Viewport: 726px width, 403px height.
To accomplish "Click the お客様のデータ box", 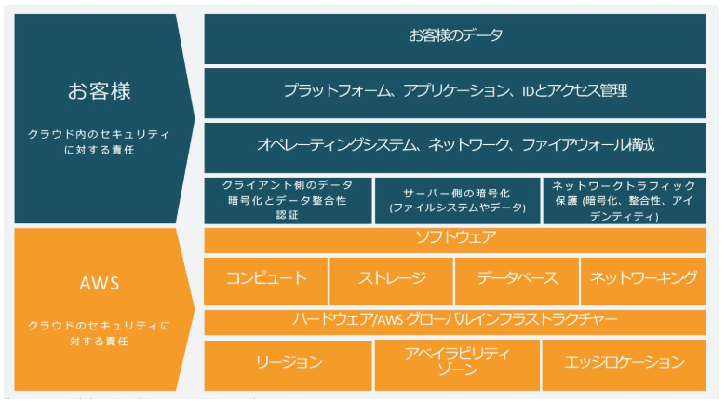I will (456, 37).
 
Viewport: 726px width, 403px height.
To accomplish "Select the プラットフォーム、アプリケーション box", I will (456, 91).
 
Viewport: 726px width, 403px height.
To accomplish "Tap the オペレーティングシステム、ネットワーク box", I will (456, 145).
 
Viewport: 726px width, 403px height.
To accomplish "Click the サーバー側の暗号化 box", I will (456, 200).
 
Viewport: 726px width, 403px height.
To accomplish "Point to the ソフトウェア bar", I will (456, 239).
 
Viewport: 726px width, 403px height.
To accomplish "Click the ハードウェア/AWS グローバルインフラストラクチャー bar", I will (456, 320).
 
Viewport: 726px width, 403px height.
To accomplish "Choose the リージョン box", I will (288, 364).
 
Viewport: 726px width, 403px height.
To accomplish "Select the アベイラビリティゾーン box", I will (456, 364).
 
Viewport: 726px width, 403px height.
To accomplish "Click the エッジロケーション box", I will (625, 364).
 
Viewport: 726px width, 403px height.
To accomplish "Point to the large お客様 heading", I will (99, 91).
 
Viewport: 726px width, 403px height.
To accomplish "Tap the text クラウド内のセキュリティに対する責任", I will (99, 142).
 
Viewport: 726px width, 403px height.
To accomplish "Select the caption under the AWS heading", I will (99, 333).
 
